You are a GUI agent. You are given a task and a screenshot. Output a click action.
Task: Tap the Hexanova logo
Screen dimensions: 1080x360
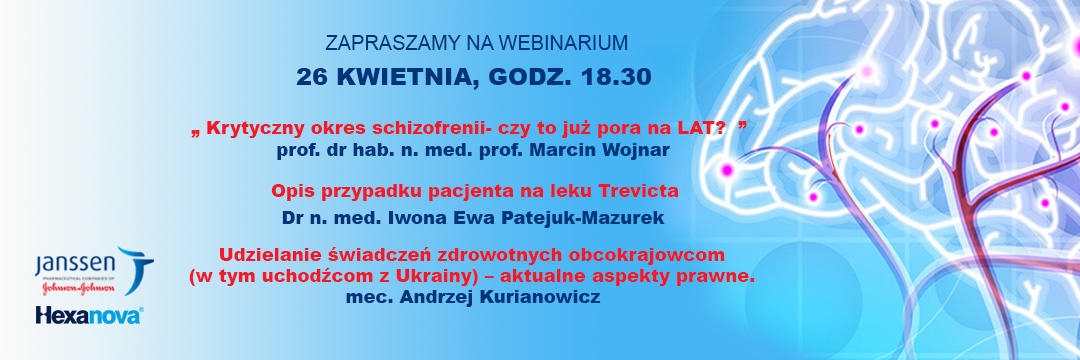(x=90, y=315)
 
